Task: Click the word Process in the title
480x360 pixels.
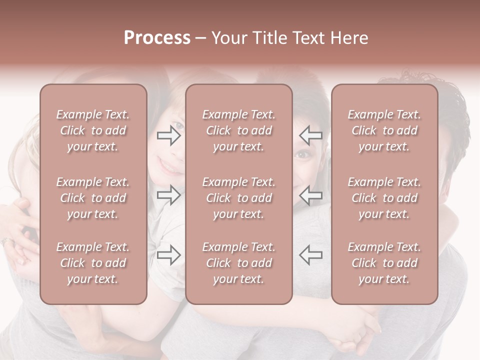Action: [157, 38]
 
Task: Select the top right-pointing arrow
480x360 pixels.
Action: [168, 135]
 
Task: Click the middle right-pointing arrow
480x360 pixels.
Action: [168, 194]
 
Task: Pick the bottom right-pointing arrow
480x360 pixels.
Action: [168, 255]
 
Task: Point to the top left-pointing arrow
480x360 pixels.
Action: [310, 135]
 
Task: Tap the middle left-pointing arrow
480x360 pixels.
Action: [310, 194]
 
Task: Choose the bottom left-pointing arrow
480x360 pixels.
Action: [310, 255]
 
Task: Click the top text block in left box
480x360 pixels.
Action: [93, 130]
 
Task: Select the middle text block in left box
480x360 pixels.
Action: [93, 198]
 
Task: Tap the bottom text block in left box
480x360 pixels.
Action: [93, 263]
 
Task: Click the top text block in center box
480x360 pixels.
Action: [238, 130]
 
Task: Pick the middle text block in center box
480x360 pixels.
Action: [238, 198]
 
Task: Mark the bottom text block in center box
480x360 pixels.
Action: [238, 263]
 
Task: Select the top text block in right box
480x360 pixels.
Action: [384, 130]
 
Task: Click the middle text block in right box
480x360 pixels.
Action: [384, 198]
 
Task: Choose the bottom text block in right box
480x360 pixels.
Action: [384, 263]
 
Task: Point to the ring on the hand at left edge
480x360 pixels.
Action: [5, 242]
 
